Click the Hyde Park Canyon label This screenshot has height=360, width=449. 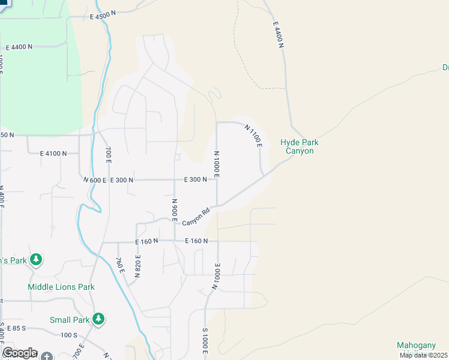(x=299, y=147)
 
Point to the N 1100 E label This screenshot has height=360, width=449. (x=255, y=136)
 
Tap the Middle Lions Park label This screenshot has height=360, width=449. (x=61, y=287)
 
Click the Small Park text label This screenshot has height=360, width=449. (x=69, y=320)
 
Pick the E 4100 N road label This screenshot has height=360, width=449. (x=53, y=154)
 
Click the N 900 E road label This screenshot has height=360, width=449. (x=174, y=211)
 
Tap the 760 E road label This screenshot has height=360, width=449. (x=120, y=266)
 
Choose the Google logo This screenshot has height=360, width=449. (x=19, y=353)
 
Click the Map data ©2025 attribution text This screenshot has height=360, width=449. (x=423, y=355)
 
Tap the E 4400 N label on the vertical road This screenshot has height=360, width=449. (x=277, y=35)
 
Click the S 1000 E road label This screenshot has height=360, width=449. (x=205, y=344)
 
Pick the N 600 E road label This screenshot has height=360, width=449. (x=94, y=180)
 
